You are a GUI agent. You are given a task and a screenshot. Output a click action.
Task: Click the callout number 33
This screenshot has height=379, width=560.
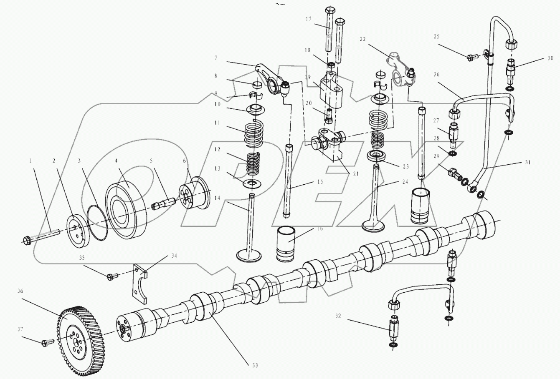click(255, 365)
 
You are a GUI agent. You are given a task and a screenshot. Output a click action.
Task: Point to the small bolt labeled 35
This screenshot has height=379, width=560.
click(112, 276)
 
